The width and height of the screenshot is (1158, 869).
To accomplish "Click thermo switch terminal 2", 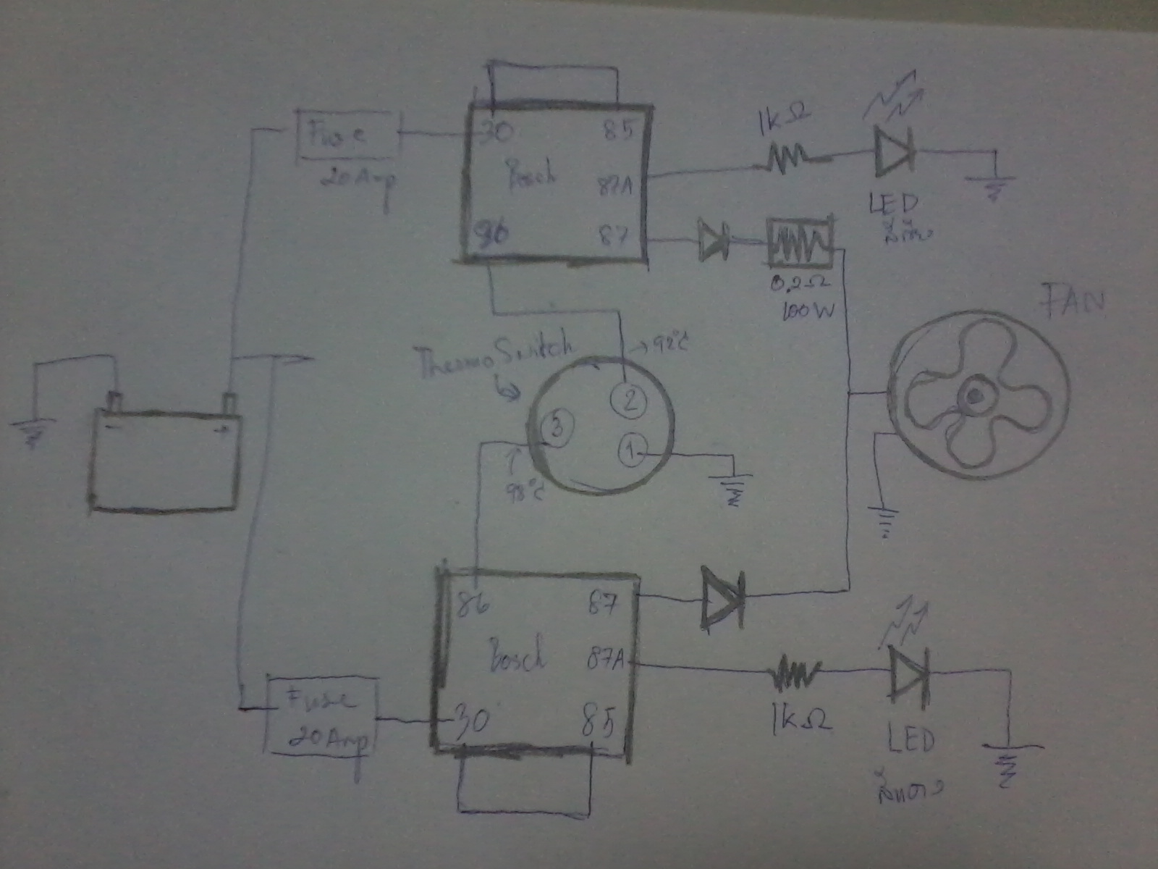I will click(x=629, y=400).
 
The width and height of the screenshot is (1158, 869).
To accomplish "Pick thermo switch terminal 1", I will click(x=631, y=452).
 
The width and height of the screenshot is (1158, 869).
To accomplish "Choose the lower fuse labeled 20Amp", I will click(x=322, y=713).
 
